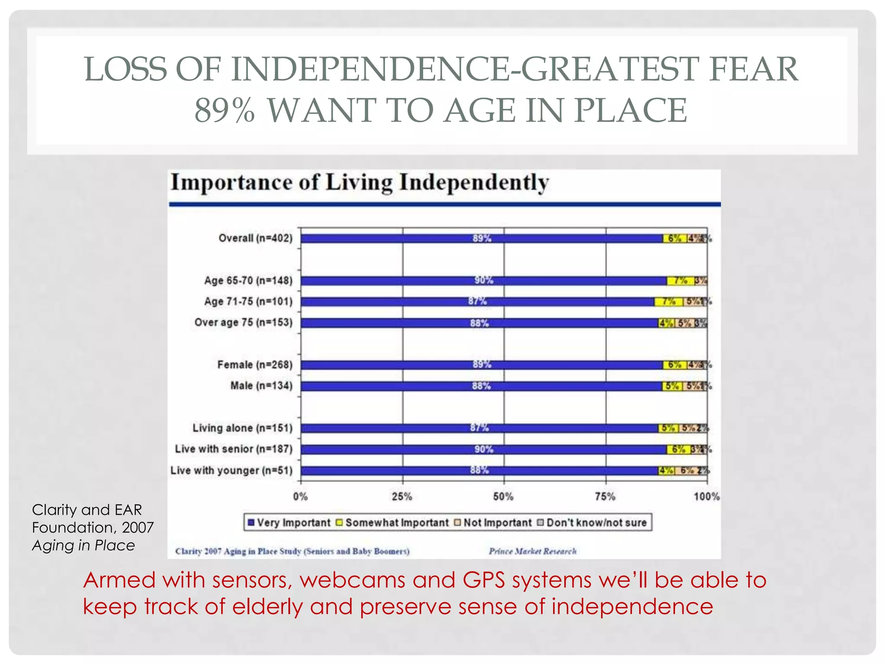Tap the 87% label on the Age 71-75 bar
[478, 301]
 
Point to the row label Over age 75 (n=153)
[243, 322]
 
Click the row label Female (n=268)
[255, 365]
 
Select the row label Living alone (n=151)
[242, 428]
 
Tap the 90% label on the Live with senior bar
[484, 449]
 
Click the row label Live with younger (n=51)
[232, 470]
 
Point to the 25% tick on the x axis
[402, 496]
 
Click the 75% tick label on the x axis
[605, 496]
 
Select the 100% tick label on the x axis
[707, 496]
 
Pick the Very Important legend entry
[289, 523]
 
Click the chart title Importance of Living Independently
[360, 182]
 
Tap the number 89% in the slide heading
[224, 110]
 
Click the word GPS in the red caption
[484, 580]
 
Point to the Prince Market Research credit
[532, 551]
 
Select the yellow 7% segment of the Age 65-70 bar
[680, 281]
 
